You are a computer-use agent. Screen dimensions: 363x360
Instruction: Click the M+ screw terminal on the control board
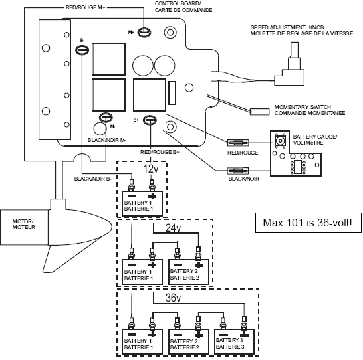(144, 32)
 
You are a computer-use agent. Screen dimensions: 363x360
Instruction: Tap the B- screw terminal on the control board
(82, 50)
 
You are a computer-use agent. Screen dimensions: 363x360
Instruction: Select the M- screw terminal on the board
(106, 118)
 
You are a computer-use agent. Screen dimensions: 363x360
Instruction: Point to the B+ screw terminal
(150, 120)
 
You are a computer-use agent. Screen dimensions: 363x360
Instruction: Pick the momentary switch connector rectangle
(259, 112)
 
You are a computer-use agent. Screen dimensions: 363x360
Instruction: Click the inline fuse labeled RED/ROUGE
(238, 143)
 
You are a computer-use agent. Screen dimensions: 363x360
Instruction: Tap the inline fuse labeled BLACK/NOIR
(238, 171)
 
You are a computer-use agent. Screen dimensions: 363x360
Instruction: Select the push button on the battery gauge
(280, 141)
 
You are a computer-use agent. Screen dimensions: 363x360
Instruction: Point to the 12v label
(151, 169)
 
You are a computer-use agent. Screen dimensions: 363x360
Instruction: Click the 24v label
(173, 228)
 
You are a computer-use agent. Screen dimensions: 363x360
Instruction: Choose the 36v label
(173, 298)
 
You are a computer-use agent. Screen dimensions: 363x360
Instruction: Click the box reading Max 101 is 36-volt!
(308, 223)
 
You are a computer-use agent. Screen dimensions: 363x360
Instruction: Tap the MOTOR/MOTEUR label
(24, 225)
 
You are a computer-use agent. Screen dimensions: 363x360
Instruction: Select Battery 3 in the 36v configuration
(234, 341)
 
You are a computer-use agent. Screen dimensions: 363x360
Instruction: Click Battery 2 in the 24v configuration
(189, 272)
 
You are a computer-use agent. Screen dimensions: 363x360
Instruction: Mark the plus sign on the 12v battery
(152, 197)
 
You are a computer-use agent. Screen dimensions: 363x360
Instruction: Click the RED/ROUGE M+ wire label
(86, 7)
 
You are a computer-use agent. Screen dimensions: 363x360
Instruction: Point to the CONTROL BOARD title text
(178, 4)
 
